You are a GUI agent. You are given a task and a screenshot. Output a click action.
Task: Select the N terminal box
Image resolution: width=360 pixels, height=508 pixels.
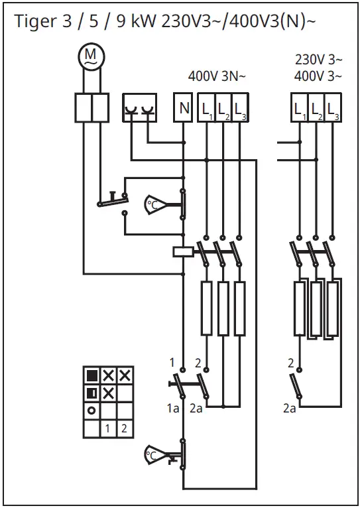coord(184,107)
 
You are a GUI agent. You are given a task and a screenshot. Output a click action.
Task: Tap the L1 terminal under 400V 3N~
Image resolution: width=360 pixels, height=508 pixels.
coord(207,107)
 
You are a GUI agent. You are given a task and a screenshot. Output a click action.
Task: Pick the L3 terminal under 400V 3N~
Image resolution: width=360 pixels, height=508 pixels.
coord(239,107)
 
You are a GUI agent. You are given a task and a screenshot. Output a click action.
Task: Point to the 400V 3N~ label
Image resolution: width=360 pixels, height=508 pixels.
coord(217,76)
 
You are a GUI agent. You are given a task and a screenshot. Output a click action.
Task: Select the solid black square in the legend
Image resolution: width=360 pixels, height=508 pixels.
coord(92,376)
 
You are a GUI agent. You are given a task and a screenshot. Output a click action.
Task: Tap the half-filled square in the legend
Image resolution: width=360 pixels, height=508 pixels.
coord(92,393)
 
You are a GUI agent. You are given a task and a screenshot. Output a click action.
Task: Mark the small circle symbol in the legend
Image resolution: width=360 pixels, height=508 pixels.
coord(91,411)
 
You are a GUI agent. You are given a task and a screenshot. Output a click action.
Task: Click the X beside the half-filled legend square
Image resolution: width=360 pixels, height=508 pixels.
coord(108,393)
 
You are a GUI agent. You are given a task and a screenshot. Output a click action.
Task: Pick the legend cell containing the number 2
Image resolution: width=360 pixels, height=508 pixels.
coord(124,428)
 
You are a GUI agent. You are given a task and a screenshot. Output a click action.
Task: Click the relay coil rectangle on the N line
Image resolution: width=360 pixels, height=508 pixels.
coord(183,251)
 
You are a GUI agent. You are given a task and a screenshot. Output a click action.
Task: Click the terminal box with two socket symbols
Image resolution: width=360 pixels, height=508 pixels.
coord(141,107)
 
